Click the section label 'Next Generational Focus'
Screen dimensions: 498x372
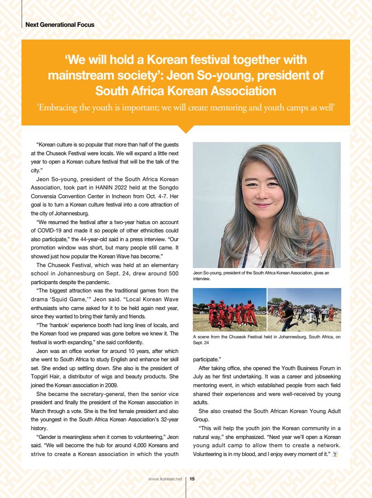pos(60,24)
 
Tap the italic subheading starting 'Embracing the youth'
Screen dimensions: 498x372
pos(186,107)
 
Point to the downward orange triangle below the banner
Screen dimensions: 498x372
pos(186,129)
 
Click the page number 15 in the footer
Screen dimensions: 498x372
pos(192,479)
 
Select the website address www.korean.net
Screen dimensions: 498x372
pos(165,479)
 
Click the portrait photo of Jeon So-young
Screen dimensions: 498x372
pos(267,205)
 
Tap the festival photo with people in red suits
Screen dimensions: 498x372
pos(229,310)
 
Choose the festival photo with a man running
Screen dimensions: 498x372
pos(304,310)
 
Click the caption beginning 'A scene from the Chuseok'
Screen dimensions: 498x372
pos(267,340)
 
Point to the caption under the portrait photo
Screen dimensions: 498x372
pos(261,276)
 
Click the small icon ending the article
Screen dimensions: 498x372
pos(335,455)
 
